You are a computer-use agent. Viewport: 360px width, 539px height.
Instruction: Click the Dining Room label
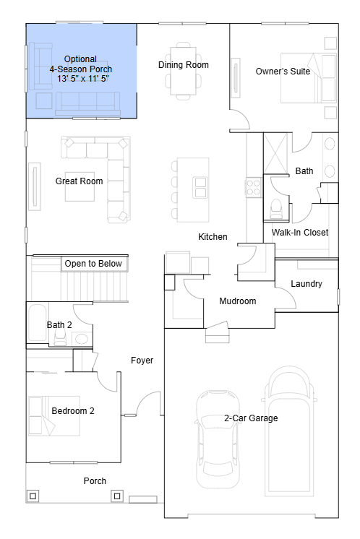(x=184, y=64)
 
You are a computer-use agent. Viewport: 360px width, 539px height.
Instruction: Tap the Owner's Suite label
(x=283, y=71)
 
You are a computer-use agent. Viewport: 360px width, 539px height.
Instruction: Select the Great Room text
(x=79, y=181)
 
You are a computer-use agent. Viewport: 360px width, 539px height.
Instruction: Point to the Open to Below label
(x=93, y=263)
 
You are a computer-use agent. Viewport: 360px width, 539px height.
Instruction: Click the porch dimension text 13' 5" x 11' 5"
(x=83, y=78)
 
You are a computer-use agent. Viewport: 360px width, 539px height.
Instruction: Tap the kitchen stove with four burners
(x=254, y=187)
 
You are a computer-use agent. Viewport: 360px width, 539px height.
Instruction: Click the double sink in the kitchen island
(x=200, y=187)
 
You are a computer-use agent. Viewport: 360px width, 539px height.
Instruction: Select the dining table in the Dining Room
(x=184, y=71)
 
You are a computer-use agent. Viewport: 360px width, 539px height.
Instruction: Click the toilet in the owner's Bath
(x=276, y=208)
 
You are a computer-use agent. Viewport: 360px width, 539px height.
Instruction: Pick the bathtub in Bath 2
(x=37, y=322)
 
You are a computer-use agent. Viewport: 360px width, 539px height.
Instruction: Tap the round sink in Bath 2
(x=82, y=339)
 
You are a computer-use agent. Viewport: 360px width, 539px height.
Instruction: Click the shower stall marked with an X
(x=275, y=153)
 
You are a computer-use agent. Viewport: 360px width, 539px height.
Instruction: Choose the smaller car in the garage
(x=218, y=439)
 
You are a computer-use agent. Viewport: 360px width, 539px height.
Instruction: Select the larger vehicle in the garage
(x=289, y=431)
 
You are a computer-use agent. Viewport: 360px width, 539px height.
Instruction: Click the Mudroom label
(x=238, y=301)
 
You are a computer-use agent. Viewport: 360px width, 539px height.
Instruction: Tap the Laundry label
(x=307, y=284)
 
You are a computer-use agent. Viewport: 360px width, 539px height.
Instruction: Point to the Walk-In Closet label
(x=300, y=233)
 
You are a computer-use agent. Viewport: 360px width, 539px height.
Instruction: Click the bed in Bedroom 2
(x=54, y=416)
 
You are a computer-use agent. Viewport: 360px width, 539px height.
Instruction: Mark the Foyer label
(x=142, y=361)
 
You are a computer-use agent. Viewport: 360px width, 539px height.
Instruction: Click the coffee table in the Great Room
(x=80, y=186)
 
